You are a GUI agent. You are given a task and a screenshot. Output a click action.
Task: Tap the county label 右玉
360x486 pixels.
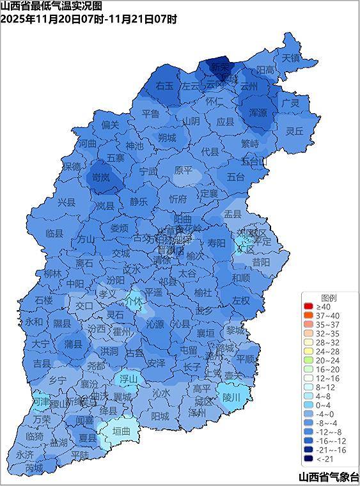click(164, 86)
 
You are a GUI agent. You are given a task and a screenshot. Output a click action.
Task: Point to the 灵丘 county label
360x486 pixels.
click(294, 131)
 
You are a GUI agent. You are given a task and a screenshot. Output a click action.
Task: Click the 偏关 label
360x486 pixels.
click(110, 125)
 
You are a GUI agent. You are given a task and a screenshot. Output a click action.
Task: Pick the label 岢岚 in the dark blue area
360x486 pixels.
click(101, 178)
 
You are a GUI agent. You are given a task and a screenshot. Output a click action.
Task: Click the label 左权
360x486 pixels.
click(241, 300)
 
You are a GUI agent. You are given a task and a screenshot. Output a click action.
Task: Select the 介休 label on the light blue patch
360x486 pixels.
click(134, 299)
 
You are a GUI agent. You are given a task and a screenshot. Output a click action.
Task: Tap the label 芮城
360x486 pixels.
click(34, 468)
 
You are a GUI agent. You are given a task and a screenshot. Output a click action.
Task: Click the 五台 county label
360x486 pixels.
click(235, 176)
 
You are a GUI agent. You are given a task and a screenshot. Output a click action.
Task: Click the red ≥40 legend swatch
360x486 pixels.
click(309, 307)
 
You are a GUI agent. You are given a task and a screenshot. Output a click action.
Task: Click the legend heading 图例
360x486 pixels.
click(329, 298)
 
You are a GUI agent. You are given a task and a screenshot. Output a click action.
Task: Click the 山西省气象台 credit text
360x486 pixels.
click(328, 477)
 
